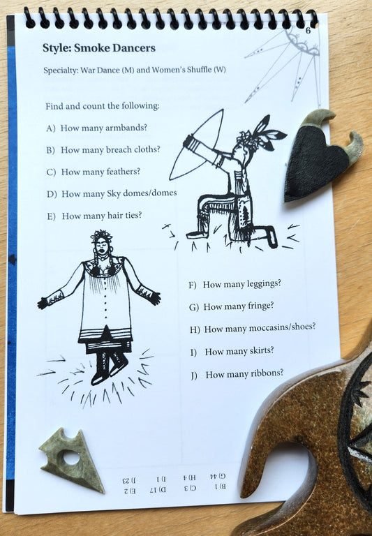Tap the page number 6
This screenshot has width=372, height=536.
tap(308, 31)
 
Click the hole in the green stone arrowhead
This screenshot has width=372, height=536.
tap(70, 458)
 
